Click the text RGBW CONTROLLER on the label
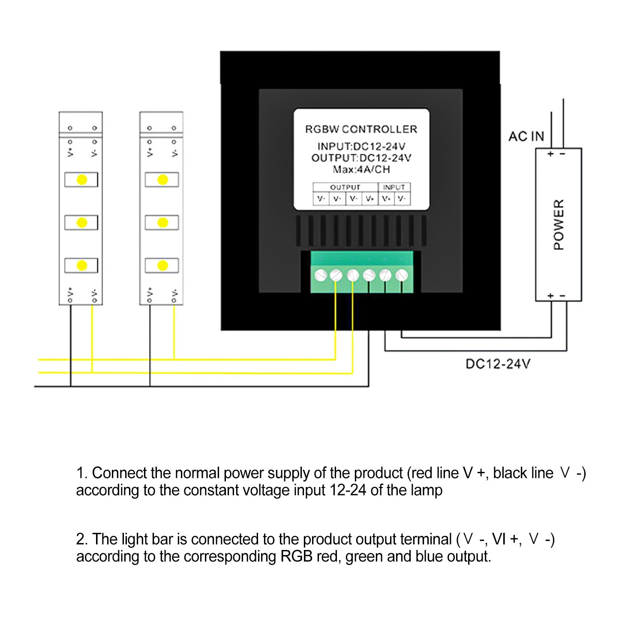361,129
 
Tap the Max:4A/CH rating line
361,169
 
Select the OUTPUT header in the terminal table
345,187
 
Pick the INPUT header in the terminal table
394,187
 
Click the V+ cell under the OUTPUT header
370,199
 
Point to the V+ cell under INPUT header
386,199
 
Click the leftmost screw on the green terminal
320,275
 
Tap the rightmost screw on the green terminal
402,275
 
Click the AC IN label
526,136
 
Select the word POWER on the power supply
559,224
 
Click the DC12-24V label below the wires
498,364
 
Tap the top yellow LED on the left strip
81,180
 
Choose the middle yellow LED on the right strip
162,222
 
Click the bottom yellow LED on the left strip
81,265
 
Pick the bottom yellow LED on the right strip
162,265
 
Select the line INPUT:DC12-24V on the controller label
361,147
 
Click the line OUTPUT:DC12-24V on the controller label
361,158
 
